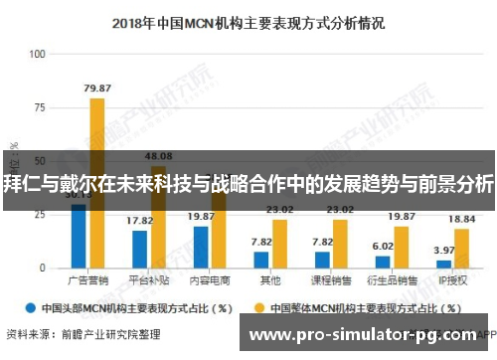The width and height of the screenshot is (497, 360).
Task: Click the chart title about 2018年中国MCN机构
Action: coord(248,20)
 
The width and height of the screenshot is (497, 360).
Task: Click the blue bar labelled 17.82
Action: coord(139,250)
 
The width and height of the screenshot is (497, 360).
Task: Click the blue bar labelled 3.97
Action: coord(443,265)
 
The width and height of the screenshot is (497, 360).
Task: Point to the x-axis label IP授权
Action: coord(452,281)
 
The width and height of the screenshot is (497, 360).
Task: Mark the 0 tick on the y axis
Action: coord(42,269)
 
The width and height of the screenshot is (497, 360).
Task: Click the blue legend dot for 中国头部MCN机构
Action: coord(32,307)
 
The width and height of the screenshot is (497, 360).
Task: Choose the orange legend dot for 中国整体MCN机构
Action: coord(262,307)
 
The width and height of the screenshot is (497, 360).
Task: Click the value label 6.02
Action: coord(383,246)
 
